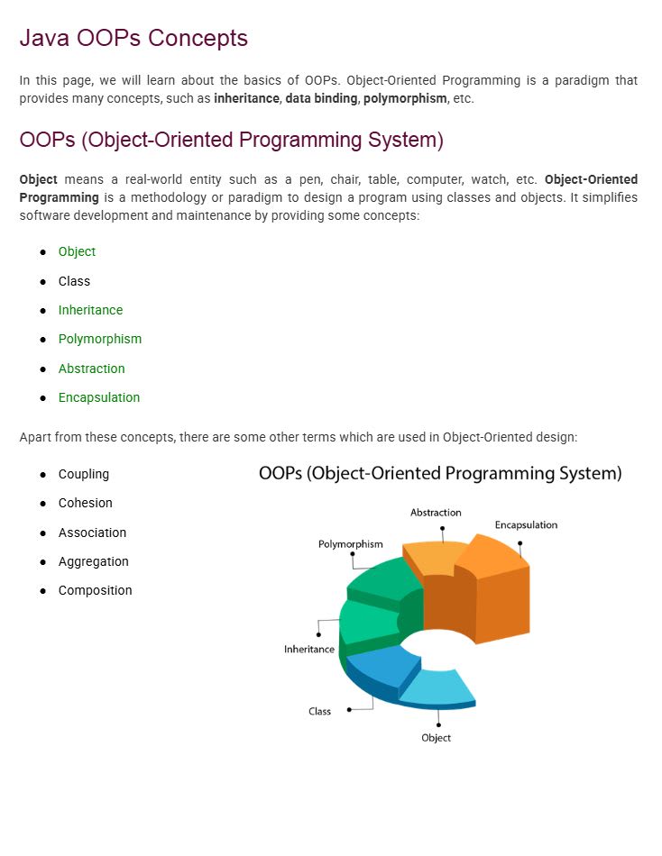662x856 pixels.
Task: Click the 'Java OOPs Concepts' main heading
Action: pyautogui.click(x=133, y=39)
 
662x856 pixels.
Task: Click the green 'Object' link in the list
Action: pyautogui.click(x=77, y=251)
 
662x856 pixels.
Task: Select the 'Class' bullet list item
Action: pyautogui.click(x=74, y=281)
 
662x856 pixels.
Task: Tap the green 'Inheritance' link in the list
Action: pyautogui.click(x=90, y=310)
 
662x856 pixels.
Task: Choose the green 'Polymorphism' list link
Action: pyautogui.click(x=100, y=339)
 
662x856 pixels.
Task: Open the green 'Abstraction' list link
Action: pyautogui.click(x=91, y=369)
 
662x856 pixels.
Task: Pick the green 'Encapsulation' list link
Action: pyautogui.click(x=99, y=397)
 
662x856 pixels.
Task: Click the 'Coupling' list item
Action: pyautogui.click(x=84, y=474)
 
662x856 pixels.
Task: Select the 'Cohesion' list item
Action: pyautogui.click(x=86, y=503)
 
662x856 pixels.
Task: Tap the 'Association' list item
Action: pyautogui.click(x=92, y=533)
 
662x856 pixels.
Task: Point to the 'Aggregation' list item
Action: pyautogui.click(x=93, y=561)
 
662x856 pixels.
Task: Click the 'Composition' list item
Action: pyautogui.click(x=95, y=590)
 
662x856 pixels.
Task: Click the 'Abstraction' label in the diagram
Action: pyautogui.click(x=436, y=513)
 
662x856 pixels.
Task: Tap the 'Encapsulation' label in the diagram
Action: pyautogui.click(x=526, y=524)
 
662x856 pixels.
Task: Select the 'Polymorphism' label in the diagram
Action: pyautogui.click(x=350, y=544)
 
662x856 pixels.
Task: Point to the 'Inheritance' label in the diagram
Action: pyautogui.click(x=309, y=649)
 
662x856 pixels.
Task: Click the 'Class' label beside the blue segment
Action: pyautogui.click(x=319, y=711)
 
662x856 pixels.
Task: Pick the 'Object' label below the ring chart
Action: pyautogui.click(x=436, y=738)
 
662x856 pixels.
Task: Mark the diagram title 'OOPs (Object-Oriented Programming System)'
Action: pyautogui.click(x=440, y=473)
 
